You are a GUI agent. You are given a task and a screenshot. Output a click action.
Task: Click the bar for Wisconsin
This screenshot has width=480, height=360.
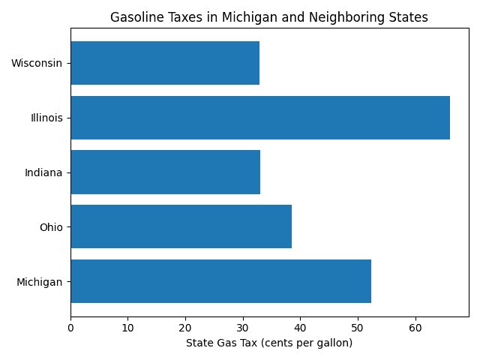point(165,63)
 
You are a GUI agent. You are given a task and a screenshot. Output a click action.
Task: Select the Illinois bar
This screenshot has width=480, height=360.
point(260,118)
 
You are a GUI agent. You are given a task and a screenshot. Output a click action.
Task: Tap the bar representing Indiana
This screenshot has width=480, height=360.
point(165,172)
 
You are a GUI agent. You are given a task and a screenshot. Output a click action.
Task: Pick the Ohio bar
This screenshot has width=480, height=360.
point(181,226)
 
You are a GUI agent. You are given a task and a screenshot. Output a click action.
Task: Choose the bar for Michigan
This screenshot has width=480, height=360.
point(220,281)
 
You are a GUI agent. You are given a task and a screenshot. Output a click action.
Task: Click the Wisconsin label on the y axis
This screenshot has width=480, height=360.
point(37,63)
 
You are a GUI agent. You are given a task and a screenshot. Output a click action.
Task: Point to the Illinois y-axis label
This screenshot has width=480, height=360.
point(46,118)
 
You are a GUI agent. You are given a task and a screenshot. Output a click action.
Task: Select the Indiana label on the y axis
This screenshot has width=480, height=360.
point(43,172)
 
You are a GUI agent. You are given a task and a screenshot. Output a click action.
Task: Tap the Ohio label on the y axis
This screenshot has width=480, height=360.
point(51,226)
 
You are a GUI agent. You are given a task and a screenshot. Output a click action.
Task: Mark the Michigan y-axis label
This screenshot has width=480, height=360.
point(40,281)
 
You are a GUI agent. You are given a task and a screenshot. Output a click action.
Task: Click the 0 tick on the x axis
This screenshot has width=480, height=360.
point(70,328)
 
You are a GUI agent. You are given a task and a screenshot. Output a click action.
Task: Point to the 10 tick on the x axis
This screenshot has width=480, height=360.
point(128,328)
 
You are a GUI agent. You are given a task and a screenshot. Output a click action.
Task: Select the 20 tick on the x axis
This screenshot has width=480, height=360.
point(185,328)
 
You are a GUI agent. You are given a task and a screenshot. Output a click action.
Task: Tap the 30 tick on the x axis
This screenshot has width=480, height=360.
point(243,328)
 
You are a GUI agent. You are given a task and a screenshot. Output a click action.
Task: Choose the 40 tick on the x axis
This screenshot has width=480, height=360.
point(300,328)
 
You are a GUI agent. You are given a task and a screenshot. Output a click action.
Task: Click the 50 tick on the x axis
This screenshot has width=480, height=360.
point(358,328)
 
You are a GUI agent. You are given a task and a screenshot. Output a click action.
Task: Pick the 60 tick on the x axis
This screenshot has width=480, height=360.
point(415,328)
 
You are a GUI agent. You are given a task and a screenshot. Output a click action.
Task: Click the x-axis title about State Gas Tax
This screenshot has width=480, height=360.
point(269,343)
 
